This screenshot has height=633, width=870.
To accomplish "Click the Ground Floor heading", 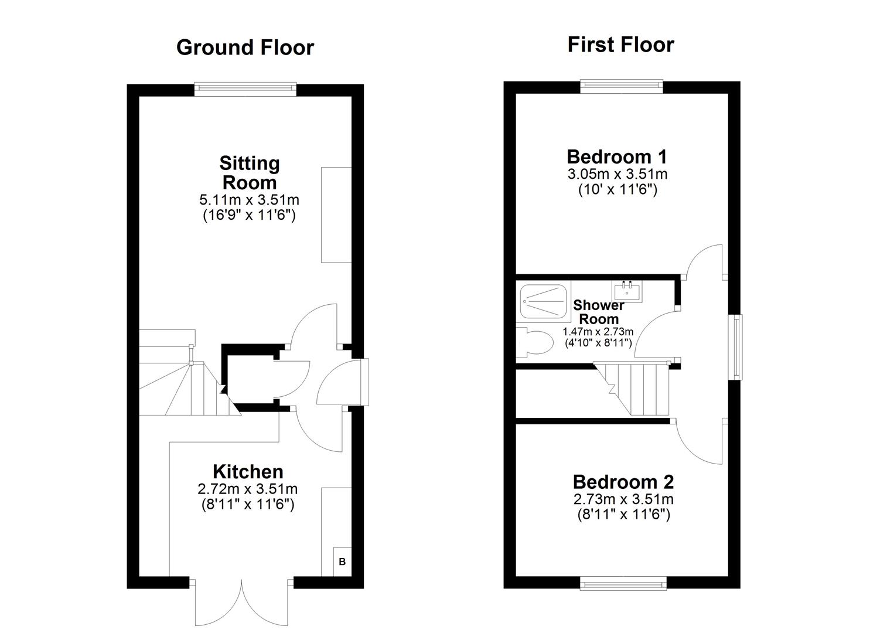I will point(245,47).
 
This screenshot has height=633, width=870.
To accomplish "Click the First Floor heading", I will point(620,45).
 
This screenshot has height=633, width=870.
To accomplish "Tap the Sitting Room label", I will point(249,172).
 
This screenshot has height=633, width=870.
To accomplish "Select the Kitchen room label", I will point(248,471).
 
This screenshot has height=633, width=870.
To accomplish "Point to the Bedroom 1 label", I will point(617,156).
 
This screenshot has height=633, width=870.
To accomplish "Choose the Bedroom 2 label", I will point(623,482).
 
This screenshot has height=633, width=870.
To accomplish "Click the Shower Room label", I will point(598,312).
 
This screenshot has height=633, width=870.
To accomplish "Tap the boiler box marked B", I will point(342,561).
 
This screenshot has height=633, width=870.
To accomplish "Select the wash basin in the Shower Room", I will point(627,291).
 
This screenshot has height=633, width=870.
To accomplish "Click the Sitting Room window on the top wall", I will point(245,89).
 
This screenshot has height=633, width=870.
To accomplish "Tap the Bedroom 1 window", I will point(622,86).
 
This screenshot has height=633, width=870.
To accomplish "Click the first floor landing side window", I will point(735,347).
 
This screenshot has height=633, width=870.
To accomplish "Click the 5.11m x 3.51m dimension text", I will point(249,200).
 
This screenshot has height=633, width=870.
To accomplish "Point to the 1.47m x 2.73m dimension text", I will point(598,332).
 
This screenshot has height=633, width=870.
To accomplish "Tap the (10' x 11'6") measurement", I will point(617,189).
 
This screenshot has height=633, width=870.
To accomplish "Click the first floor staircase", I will point(636,387).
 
